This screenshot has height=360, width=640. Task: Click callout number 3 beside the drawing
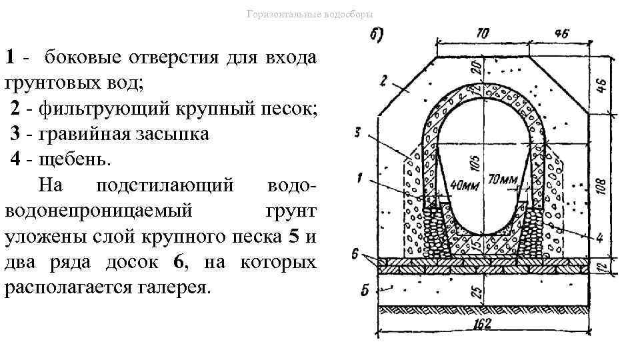click(x=359, y=133)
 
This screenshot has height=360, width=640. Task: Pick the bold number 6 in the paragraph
click(x=177, y=263)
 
